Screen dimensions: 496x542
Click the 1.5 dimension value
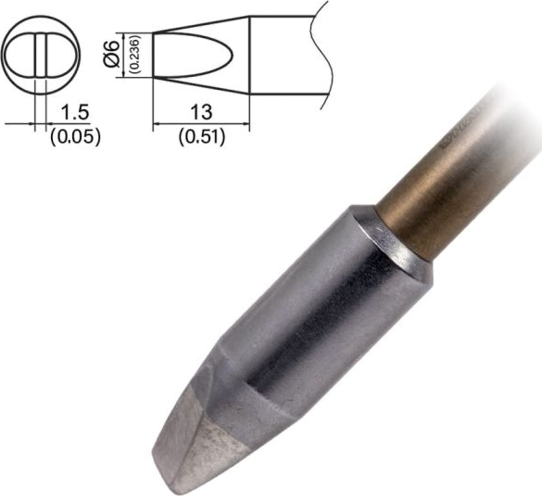75,112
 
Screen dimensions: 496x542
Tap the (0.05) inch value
75,137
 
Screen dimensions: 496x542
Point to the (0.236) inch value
134,54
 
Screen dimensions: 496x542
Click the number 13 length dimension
201,112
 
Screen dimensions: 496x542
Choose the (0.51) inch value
202,137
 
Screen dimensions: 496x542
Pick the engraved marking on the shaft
458,130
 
